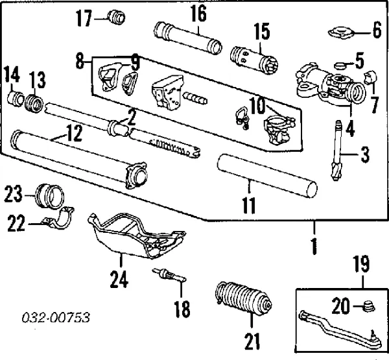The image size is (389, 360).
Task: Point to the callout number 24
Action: (x=119, y=280)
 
